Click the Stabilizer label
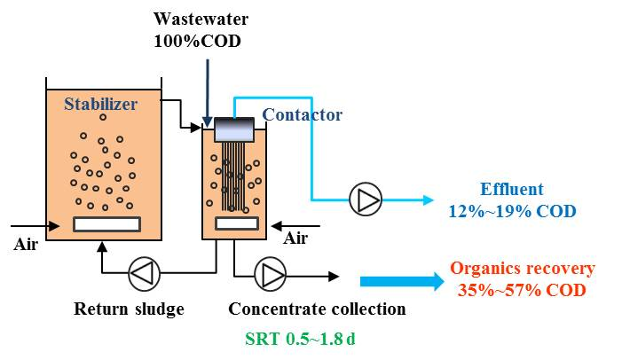point(100,105)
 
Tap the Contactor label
point(302,114)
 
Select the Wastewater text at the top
point(201,19)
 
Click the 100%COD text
point(197,41)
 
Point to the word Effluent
point(511,189)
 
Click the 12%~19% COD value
point(511,211)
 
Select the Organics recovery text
point(523,269)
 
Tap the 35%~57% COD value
point(522,290)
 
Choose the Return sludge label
point(129,309)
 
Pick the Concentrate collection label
point(317,309)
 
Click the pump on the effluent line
point(362,200)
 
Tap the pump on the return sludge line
point(143,272)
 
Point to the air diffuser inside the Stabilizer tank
point(105,224)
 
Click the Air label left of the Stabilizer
point(28,244)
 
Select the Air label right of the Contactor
point(295,239)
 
